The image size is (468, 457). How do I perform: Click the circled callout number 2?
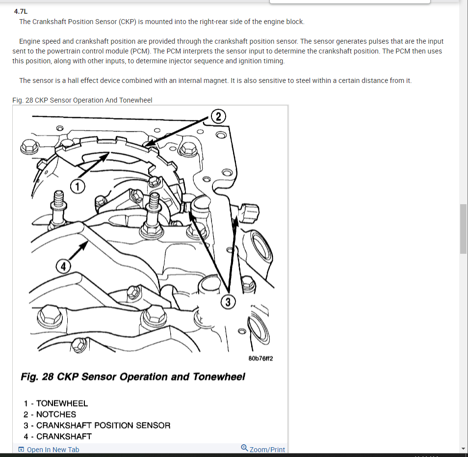click(218, 116)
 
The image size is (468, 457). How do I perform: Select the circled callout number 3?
click(228, 301)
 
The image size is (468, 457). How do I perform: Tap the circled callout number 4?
click(62, 267)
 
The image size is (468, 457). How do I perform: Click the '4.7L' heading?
click(21, 11)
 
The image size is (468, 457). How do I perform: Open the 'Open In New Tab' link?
click(52, 450)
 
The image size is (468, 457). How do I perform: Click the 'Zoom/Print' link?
click(267, 450)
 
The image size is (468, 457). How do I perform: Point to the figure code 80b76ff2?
click(260, 358)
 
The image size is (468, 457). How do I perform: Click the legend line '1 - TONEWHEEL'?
click(55, 403)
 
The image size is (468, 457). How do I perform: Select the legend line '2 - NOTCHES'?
click(50, 414)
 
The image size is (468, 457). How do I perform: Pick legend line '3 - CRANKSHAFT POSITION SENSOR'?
click(97, 425)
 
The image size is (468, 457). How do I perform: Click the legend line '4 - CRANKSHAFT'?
click(57, 436)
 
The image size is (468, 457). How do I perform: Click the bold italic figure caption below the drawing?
click(132, 376)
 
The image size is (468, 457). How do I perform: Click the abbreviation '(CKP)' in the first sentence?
click(127, 22)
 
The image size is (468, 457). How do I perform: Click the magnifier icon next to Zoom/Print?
click(244, 448)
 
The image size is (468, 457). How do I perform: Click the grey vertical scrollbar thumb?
click(463, 228)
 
